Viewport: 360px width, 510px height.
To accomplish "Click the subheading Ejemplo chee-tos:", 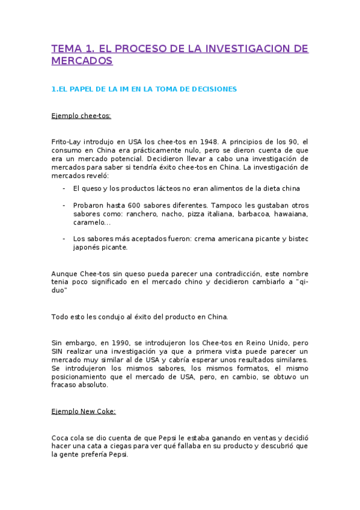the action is point(81,115).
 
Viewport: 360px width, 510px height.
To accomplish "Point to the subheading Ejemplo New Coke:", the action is point(84,412).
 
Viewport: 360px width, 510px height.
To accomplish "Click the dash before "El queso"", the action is point(64,188).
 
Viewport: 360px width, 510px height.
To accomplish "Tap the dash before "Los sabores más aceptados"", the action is point(64,239).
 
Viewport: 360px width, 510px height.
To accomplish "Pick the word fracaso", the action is point(66,386).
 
